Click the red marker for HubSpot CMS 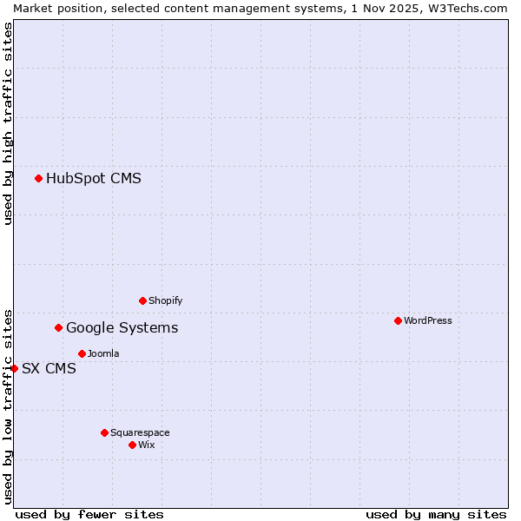click(x=38, y=178)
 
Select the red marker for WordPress click(x=398, y=320)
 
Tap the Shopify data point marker click(x=142, y=300)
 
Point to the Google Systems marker click(x=58, y=327)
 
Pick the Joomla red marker click(x=82, y=353)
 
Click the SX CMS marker click(x=14, y=368)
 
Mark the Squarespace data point click(x=104, y=432)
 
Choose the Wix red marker click(x=132, y=445)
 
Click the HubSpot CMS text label click(x=94, y=179)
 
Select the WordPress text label click(x=428, y=320)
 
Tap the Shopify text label click(x=165, y=300)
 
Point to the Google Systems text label click(x=122, y=328)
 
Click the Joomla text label click(x=103, y=353)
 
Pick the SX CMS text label click(x=49, y=369)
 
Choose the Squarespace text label click(x=140, y=432)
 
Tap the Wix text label click(x=147, y=445)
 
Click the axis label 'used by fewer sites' click(x=89, y=514)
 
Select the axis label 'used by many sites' click(x=436, y=514)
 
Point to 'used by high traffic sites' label click(x=8, y=123)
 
